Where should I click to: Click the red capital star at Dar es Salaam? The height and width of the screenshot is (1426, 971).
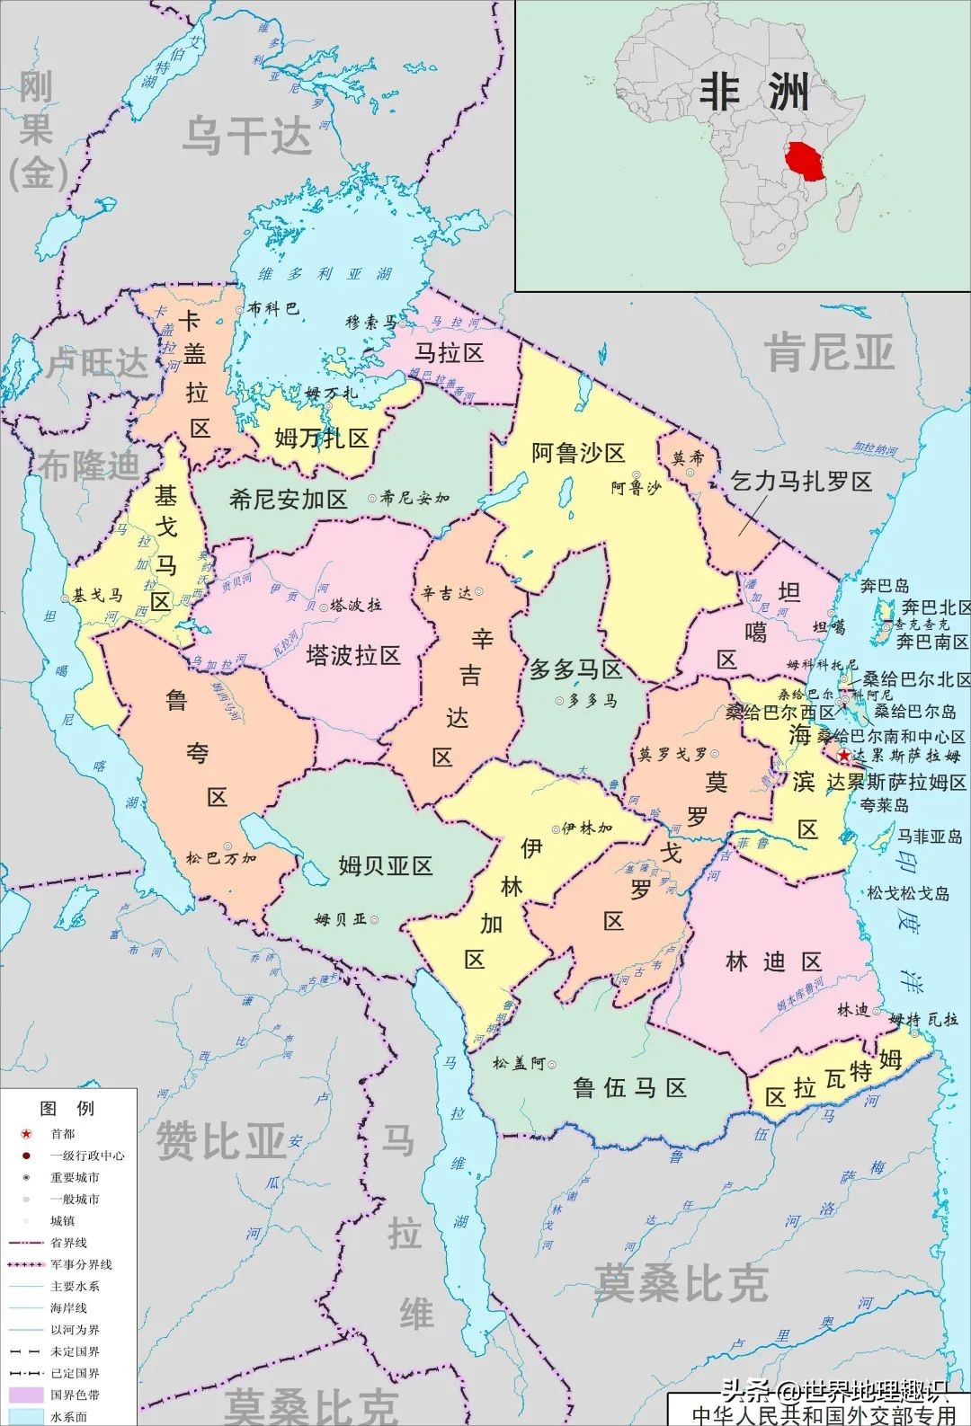[843, 757]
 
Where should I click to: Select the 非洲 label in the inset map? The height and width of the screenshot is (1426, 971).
[753, 93]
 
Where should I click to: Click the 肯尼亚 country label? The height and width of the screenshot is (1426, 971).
[829, 352]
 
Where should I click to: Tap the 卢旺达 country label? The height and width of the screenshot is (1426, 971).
[96, 363]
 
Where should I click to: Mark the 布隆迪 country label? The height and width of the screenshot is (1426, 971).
[89, 465]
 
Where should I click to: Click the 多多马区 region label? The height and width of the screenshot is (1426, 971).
[575, 669]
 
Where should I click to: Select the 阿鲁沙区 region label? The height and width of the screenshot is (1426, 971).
[577, 453]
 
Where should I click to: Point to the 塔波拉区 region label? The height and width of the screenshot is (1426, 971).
[352, 655]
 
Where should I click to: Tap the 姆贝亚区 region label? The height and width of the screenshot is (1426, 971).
[386, 865]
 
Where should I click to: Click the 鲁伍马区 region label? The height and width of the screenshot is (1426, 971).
[629, 1088]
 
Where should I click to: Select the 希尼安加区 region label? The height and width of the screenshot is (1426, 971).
[288, 500]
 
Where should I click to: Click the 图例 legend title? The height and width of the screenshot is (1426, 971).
[67, 1108]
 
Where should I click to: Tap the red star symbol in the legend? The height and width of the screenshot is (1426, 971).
[26, 1134]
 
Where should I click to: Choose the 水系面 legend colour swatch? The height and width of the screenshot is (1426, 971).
[26, 1417]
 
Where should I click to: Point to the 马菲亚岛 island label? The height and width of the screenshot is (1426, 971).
[930, 837]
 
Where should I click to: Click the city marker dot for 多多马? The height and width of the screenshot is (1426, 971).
[558, 701]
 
